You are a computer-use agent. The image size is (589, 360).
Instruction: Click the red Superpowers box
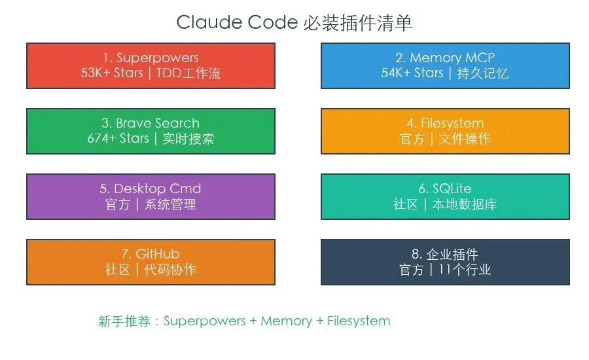(x=151, y=65)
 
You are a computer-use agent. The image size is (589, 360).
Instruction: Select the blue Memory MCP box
(x=445, y=65)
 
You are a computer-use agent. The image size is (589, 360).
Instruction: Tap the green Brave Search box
(x=151, y=131)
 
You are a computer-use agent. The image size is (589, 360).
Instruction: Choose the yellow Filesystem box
(x=445, y=131)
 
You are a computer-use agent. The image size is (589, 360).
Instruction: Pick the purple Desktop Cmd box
(x=151, y=196)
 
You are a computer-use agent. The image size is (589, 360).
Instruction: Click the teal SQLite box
(x=445, y=196)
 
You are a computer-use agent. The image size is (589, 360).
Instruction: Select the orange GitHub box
(x=151, y=262)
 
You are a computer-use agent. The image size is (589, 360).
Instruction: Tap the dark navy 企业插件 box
(x=445, y=262)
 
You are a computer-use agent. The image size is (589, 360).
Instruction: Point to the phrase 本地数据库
(x=465, y=204)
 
